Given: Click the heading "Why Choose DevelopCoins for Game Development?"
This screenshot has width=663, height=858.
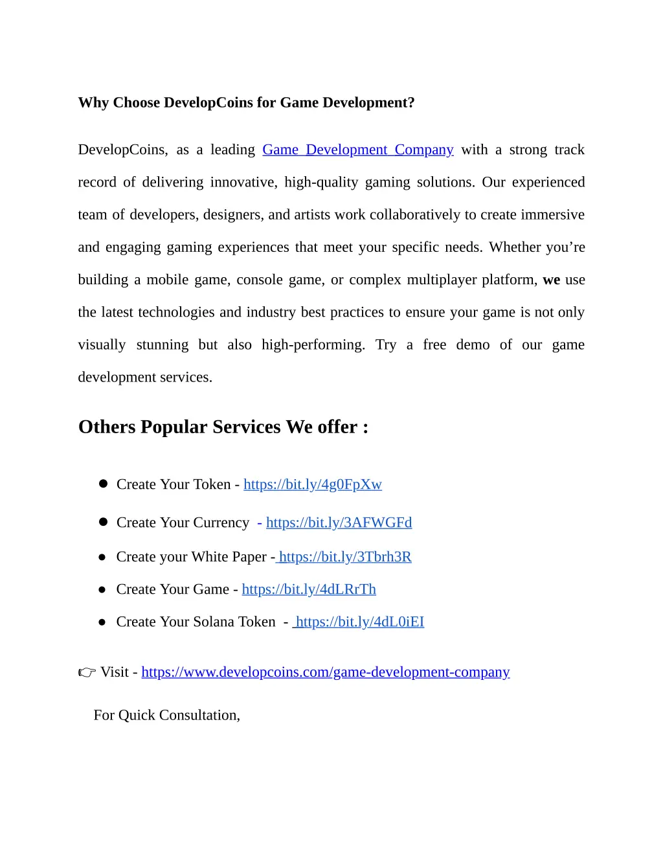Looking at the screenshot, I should tap(246, 103).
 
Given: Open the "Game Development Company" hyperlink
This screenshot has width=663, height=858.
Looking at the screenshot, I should tap(357, 150).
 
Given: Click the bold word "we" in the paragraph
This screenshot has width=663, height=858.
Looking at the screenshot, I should tap(551, 280).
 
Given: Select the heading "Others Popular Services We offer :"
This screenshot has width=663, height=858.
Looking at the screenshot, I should tap(223, 427).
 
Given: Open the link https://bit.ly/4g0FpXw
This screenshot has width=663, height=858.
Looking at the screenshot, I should tap(313, 484).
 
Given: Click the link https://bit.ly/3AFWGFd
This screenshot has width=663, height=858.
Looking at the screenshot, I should tap(339, 523).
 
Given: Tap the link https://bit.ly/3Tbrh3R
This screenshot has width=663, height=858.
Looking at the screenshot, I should tap(345, 557).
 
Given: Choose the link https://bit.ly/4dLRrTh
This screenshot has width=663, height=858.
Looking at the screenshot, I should tap(309, 589).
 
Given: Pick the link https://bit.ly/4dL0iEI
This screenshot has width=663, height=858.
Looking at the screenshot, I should tap(360, 622).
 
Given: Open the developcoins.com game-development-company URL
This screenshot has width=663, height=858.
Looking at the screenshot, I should tap(326, 672).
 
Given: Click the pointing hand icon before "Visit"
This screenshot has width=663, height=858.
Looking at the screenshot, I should tap(87, 673).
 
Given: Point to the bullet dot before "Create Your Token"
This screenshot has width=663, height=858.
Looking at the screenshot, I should tap(103, 484).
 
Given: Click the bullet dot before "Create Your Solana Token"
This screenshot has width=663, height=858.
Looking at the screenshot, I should tap(102, 622).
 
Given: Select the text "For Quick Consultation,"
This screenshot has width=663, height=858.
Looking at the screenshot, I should tap(167, 715).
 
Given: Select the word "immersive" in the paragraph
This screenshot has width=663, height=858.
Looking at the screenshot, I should tap(552, 215).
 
